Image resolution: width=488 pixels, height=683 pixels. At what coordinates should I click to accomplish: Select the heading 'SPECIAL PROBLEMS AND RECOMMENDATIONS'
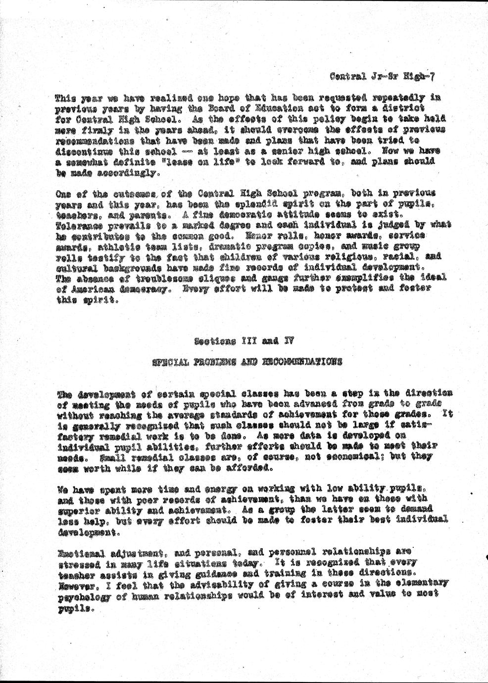pos(246,361)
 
